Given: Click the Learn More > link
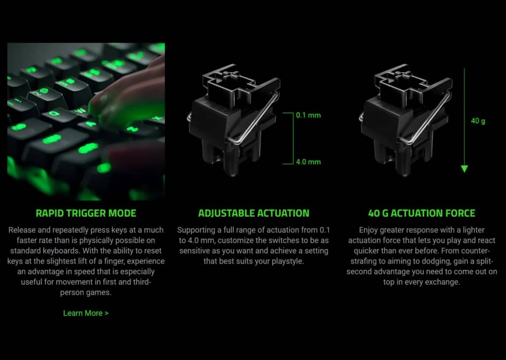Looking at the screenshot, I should coord(85,313).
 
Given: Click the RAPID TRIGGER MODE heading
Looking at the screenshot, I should coord(86,214).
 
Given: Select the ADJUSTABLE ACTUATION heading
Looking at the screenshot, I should coord(253,214).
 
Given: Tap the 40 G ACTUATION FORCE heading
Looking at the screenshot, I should coord(422,214).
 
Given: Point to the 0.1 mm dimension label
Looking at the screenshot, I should coord(308,115).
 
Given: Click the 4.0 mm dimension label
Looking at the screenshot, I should coord(308,162).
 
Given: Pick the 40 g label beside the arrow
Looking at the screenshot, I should coord(478,121).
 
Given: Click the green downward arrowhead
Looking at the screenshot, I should coord(464,169).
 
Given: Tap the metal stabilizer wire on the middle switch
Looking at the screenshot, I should coord(257,124).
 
